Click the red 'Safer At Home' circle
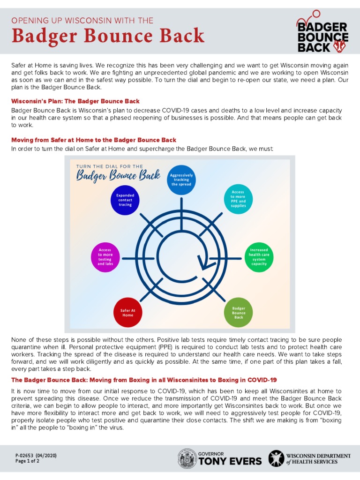pyautogui.click(x=128, y=313)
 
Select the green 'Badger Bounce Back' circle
pyautogui.click(x=239, y=313)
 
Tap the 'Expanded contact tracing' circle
pyautogui.click(x=125, y=200)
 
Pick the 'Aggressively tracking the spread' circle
pyautogui.click(x=181, y=180)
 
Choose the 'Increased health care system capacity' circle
pyautogui.click(x=259, y=257)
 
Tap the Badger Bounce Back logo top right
pyautogui.click(x=322, y=32)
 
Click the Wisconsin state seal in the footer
pyautogui.click(x=187, y=458)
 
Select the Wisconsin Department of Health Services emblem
pyautogui.click(x=276, y=458)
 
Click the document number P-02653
pyautogui.click(x=36, y=456)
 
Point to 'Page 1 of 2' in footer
pyautogui.click(x=27, y=461)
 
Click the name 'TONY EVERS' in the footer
pyautogui.click(x=230, y=461)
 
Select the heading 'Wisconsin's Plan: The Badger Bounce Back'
pyautogui.click(x=75, y=101)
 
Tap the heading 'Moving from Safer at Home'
pyautogui.click(x=94, y=140)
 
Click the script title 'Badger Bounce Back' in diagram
pyautogui.click(x=119, y=176)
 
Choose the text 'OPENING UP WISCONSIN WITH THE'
pyautogui.click(x=82, y=20)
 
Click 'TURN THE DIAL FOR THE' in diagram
pyautogui.click(x=109, y=166)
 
